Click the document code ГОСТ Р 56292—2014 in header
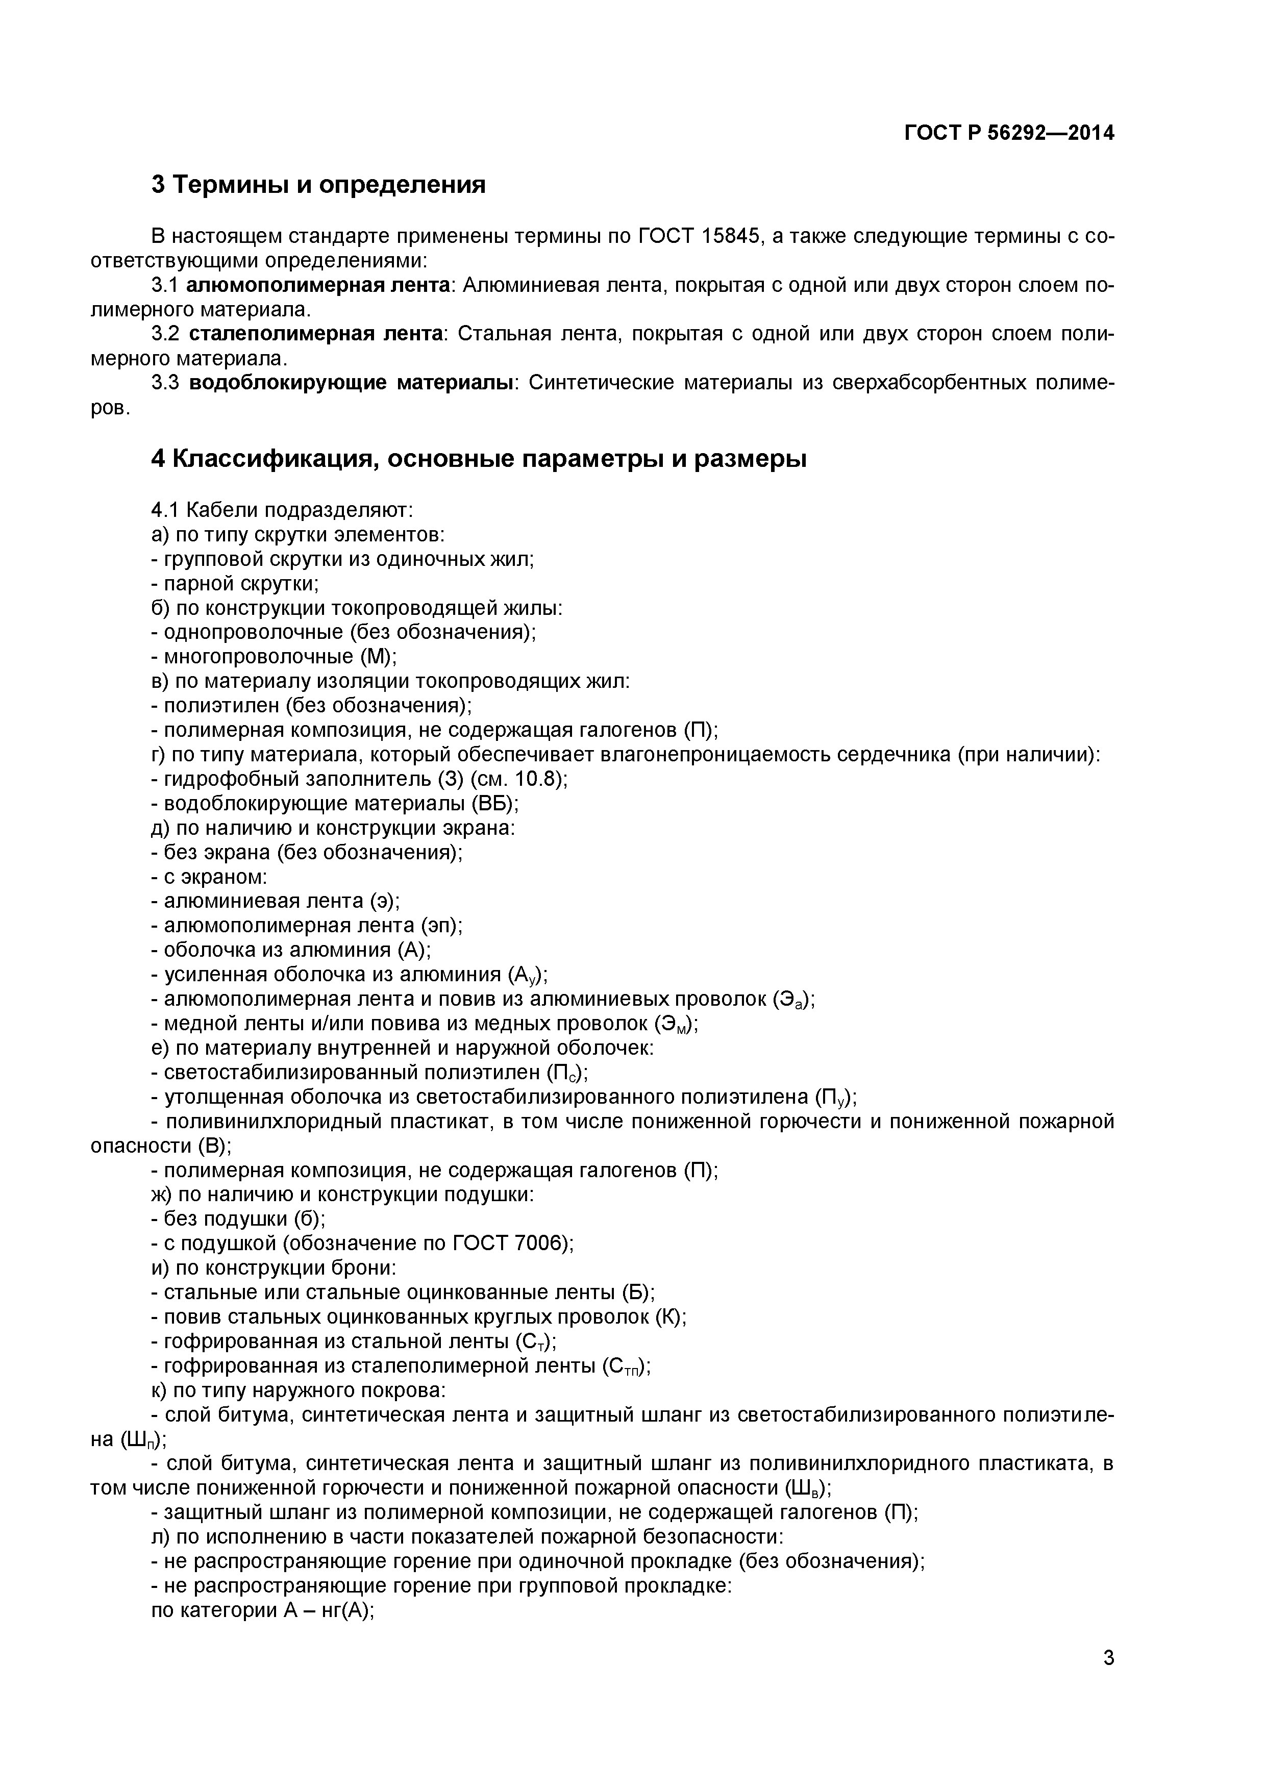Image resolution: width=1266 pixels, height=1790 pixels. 1009,133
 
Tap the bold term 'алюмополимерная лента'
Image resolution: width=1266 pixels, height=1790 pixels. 318,285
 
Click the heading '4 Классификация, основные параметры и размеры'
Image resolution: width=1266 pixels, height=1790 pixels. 479,459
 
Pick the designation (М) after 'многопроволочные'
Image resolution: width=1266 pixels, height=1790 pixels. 378,657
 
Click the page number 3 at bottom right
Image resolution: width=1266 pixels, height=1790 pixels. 1108,1680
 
